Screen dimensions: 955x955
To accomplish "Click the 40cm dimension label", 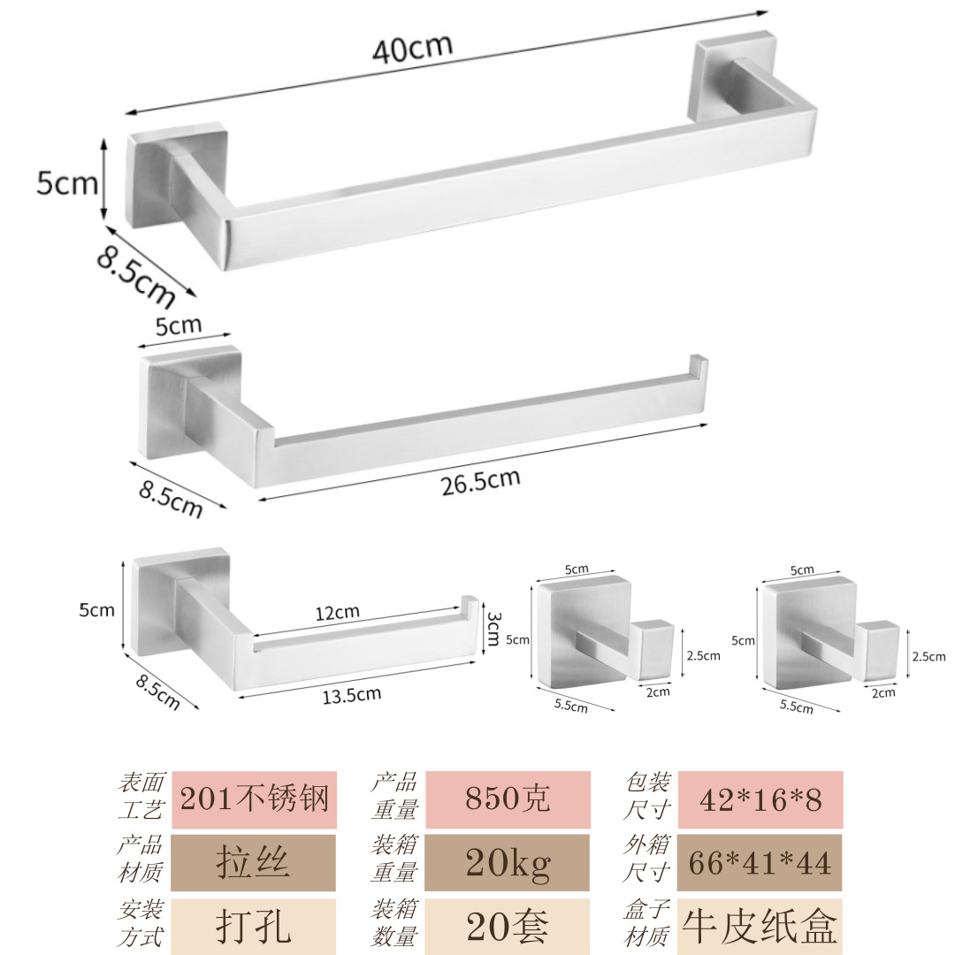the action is (x=413, y=49).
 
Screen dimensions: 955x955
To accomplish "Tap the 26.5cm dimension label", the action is (x=480, y=482).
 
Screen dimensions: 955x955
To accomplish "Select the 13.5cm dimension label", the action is (x=351, y=694).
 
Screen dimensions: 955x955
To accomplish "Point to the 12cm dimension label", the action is (x=338, y=612).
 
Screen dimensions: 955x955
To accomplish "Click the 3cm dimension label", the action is (x=494, y=629).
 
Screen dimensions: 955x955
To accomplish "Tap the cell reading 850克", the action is (x=508, y=799).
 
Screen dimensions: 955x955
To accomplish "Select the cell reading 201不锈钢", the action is (x=254, y=799).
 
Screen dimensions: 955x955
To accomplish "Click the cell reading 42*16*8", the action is (x=760, y=799).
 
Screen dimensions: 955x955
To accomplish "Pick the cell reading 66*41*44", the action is (x=760, y=862).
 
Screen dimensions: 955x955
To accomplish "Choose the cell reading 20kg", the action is (x=508, y=862).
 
